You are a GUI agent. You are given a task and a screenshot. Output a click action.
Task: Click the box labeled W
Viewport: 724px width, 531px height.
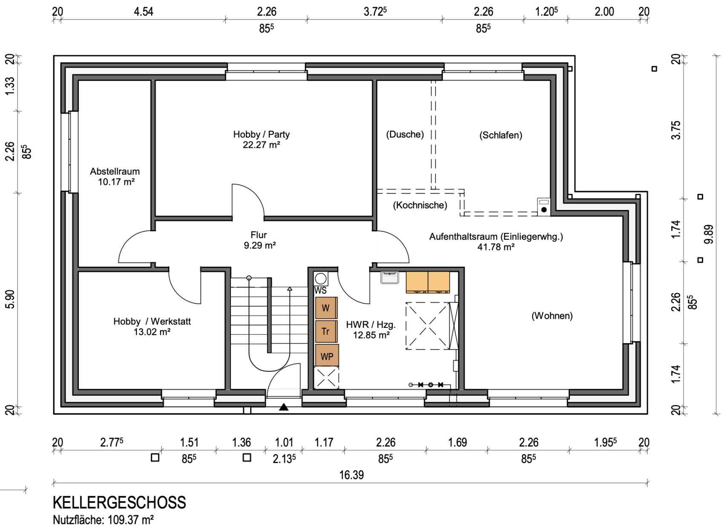coord(327,308)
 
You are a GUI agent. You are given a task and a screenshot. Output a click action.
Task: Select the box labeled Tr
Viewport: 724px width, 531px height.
coord(327,331)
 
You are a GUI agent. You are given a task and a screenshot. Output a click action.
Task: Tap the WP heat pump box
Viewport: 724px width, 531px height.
coord(327,356)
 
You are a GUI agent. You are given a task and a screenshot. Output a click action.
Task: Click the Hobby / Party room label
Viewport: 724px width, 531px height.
coord(261,134)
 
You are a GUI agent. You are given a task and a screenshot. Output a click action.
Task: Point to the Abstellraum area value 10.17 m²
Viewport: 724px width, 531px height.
coord(116,182)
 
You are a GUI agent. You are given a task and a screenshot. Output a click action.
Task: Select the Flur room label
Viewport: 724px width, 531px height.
coord(259,235)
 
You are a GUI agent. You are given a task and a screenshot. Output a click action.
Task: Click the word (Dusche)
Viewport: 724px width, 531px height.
coord(405,135)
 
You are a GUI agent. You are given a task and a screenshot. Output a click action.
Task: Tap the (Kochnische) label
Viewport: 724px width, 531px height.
coord(420,205)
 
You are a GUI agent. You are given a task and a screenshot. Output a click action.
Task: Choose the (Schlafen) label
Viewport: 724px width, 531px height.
coord(501,135)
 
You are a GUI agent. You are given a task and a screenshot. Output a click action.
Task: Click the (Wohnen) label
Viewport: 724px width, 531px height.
coord(552,316)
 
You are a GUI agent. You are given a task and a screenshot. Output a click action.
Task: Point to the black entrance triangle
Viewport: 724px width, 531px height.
coord(284,407)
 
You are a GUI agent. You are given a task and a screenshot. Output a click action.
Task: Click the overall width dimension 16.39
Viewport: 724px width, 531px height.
coord(351,475)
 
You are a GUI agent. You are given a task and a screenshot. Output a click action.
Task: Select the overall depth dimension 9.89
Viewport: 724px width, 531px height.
coord(709,234)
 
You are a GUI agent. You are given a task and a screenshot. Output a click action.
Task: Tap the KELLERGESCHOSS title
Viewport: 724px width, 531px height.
coord(120,502)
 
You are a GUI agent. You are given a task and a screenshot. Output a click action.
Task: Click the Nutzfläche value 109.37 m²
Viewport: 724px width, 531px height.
coord(130,520)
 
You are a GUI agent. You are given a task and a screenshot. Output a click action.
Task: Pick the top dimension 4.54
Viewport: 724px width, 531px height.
coord(144,12)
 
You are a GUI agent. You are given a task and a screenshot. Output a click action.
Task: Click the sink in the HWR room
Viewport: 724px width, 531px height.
coord(390,278)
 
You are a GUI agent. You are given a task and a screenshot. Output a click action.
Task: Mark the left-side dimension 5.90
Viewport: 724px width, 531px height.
coord(10,299)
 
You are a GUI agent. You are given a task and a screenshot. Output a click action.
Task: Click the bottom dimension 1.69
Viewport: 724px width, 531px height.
coord(457,442)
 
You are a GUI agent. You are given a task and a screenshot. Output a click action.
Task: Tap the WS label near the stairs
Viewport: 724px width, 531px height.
coord(321,290)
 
